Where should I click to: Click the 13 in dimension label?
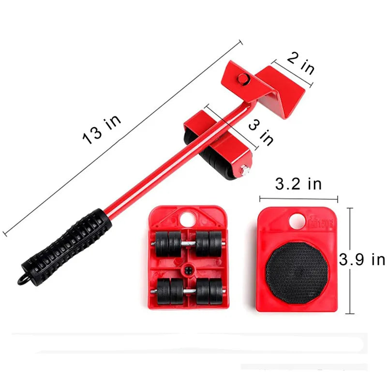click(102, 130)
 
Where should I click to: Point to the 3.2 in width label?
click(298, 184)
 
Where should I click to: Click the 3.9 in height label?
click(362, 259)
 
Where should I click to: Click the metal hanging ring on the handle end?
click(22, 280)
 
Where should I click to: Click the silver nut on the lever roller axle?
click(245, 171)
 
